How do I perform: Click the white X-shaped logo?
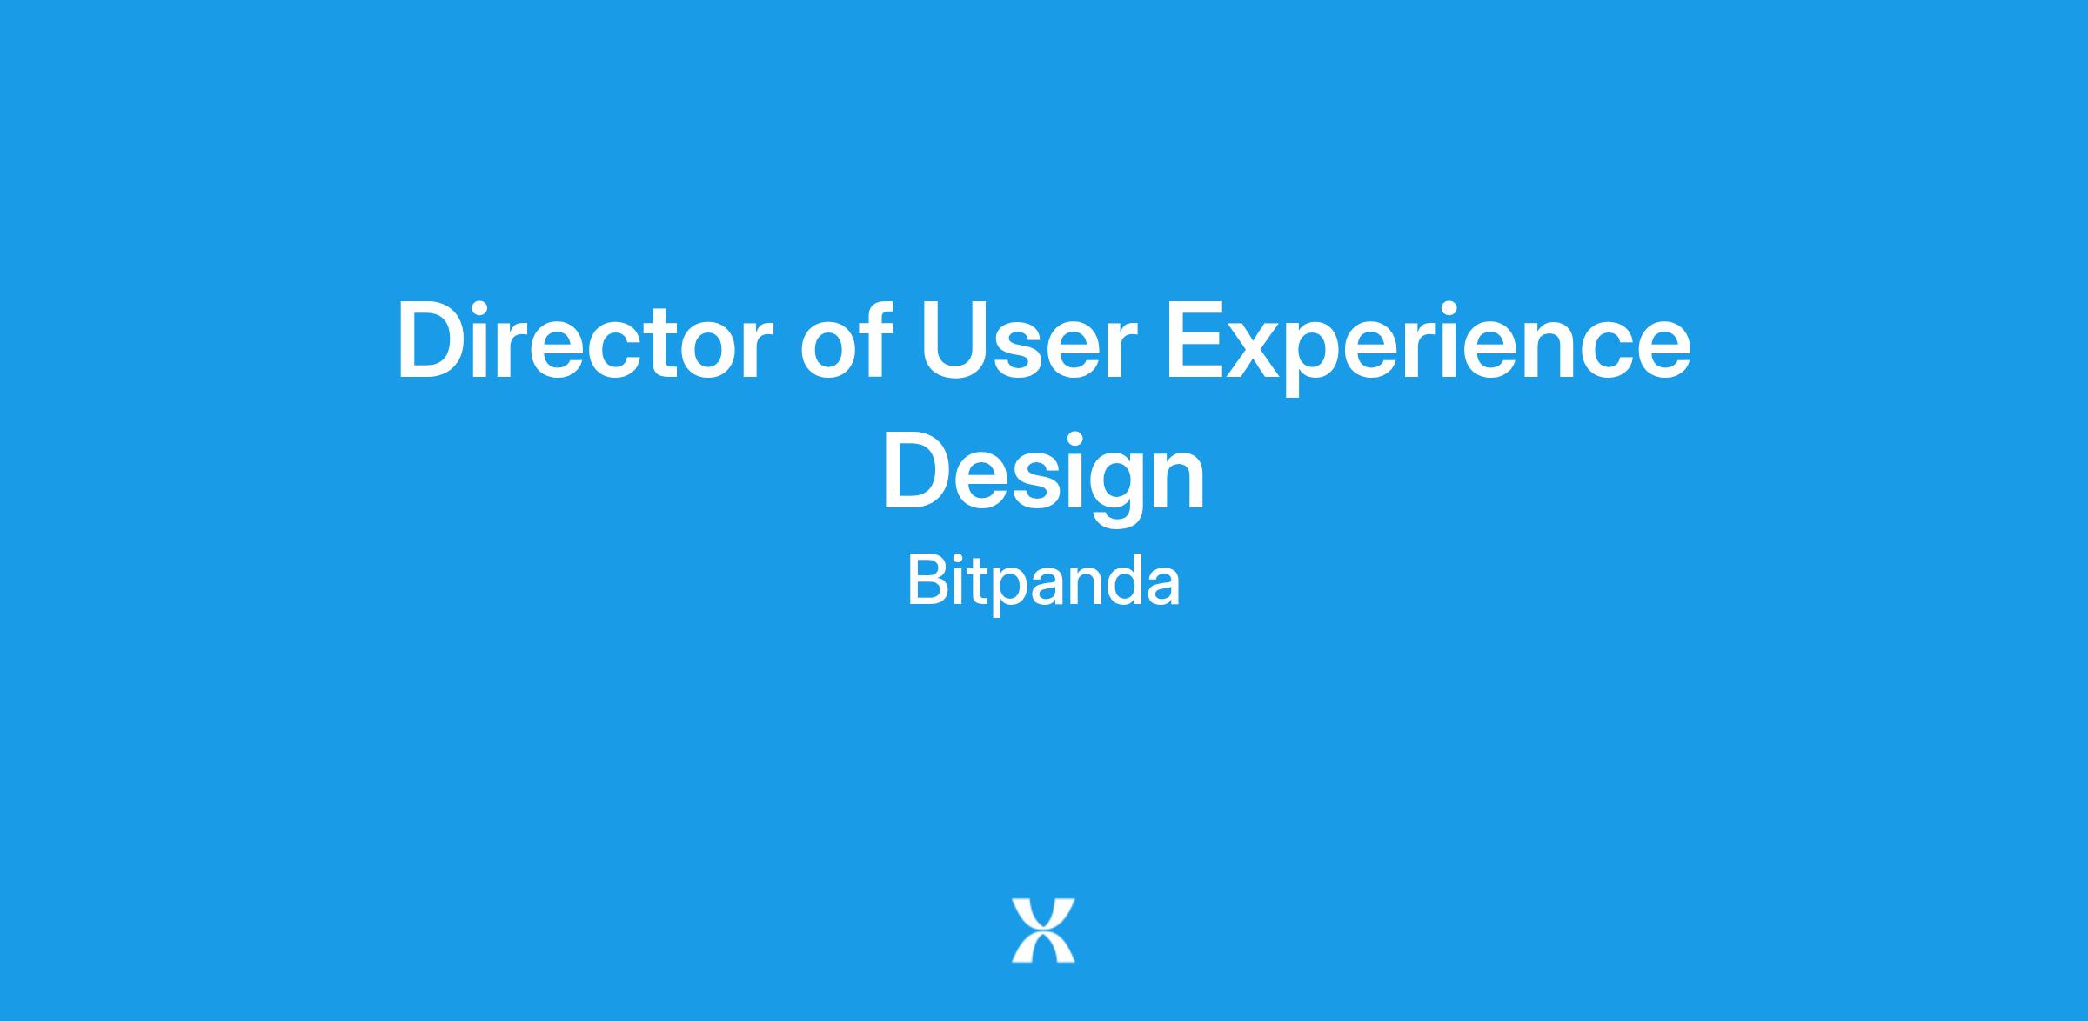[x=1043, y=930]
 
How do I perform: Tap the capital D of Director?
[x=433, y=340]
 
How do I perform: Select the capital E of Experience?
[x=1196, y=340]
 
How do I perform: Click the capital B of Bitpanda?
[x=928, y=581]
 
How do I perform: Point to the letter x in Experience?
[x=1263, y=351]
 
